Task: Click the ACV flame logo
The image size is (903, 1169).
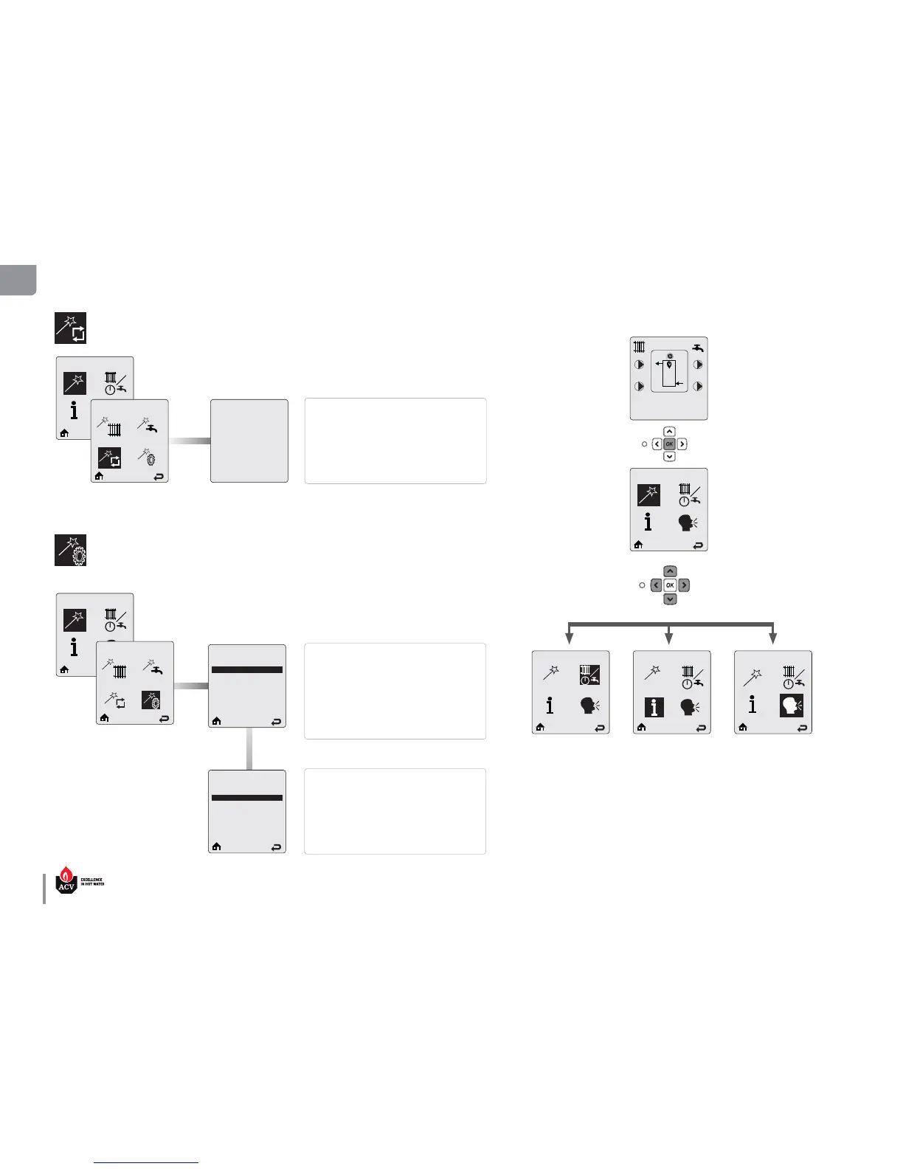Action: [x=66, y=880]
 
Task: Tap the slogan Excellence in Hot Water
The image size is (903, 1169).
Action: [x=92, y=882]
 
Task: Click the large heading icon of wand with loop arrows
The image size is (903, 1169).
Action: [x=70, y=328]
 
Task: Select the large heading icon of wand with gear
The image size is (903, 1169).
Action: [x=70, y=550]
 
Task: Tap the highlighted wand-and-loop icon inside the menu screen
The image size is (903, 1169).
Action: [x=110, y=458]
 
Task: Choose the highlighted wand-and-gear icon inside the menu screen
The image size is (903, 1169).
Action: [x=151, y=700]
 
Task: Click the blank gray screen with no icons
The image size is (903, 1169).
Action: [x=249, y=441]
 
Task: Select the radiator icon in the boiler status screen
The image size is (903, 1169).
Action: [x=640, y=346]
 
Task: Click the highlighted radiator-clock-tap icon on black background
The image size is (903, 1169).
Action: [x=589, y=675]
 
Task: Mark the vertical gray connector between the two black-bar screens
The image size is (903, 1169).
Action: [x=249, y=749]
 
